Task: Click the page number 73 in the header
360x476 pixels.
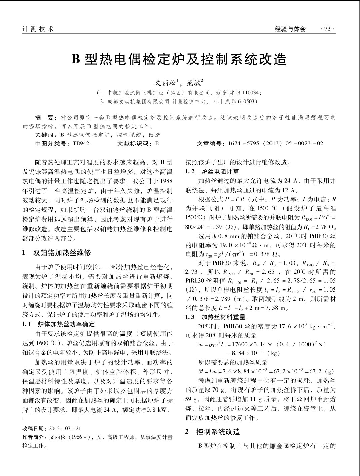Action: [327, 29]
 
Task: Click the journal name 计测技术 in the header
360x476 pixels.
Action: [38, 29]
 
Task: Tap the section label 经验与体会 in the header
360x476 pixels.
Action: [290, 29]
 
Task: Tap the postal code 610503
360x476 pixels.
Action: [247, 101]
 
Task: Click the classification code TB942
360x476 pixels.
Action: [81, 143]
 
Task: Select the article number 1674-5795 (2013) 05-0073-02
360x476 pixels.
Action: [275, 143]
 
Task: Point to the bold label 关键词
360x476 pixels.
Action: [45, 135]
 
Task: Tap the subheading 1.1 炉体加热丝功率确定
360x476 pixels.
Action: [58, 324]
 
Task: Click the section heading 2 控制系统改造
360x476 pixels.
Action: [213, 432]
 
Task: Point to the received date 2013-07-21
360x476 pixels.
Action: [65, 429]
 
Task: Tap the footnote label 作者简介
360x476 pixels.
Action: [34, 437]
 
